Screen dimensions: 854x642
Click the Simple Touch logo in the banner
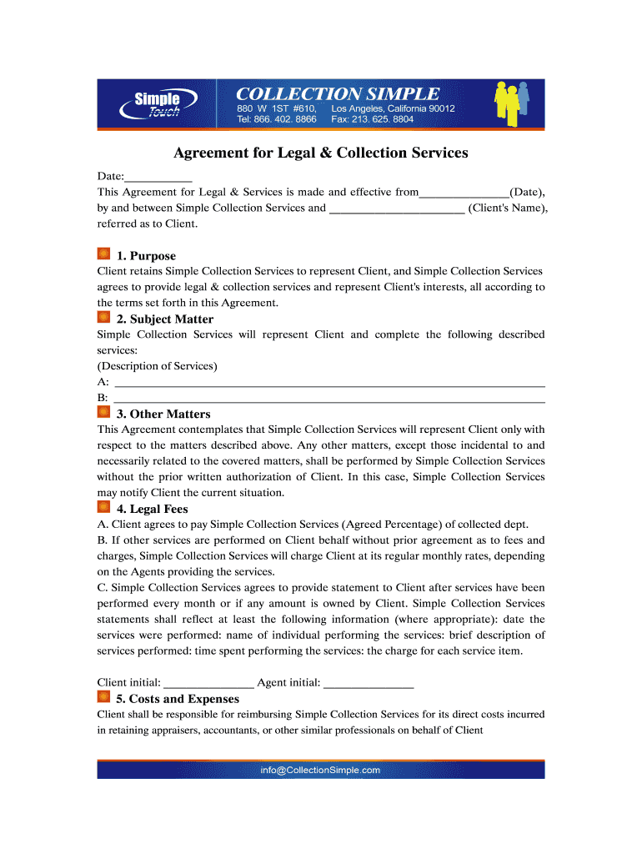point(157,105)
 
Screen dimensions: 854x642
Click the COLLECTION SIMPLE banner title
point(338,93)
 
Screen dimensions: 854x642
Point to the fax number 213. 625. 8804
point(384,119)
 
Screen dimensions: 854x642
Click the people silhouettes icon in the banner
point(509,103)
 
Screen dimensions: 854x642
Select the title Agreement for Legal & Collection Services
point(320,153)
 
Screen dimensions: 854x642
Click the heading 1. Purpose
point(146,256)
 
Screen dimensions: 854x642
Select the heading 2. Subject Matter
point(164,319)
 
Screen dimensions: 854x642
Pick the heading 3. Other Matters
point(163,414)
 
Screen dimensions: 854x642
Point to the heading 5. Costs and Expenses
point(178,700)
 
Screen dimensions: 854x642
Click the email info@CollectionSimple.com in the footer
point(320,771)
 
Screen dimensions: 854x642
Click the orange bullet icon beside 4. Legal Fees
point(104,507)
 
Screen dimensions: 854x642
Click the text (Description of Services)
point(158,366)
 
